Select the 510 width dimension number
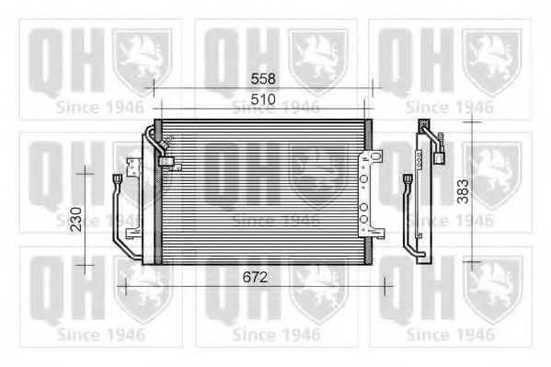pyautogui.click(x=264, y=98)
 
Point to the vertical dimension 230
pyautogui.click(x=77, y=217)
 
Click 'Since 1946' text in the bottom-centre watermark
pyautogui.click(x=275, y=333)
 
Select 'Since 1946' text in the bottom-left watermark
pyautogui.click(x=99, y=333)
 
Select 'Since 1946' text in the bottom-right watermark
pyautogui.click(x=451, y=333)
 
